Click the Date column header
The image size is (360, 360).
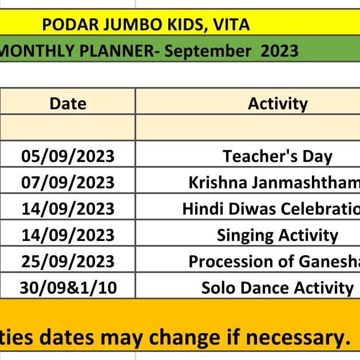(68, 104)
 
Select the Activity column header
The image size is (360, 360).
(278, 104)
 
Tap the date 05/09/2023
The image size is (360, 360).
(68, 156)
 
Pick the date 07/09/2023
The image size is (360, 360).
(68, 183)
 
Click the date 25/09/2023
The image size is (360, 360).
(68, 262)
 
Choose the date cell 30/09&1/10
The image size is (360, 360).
(68, 288)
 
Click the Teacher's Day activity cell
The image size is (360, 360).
(278, 157)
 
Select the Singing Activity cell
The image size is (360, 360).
(278, 236)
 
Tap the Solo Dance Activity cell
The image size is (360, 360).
(278, 288)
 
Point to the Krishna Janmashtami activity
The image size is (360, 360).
(274, 183)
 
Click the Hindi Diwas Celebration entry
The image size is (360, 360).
(271, 209)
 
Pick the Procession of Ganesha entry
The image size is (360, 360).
(274, 262)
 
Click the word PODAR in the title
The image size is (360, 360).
(70, 25)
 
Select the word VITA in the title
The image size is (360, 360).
(231, 25)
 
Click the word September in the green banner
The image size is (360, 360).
(208, 51)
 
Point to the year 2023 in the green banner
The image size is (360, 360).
(279, 51)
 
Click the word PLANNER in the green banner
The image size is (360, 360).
(117, 51)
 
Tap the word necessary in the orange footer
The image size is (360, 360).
(298, 338)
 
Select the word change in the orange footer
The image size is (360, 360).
(184, 338)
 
